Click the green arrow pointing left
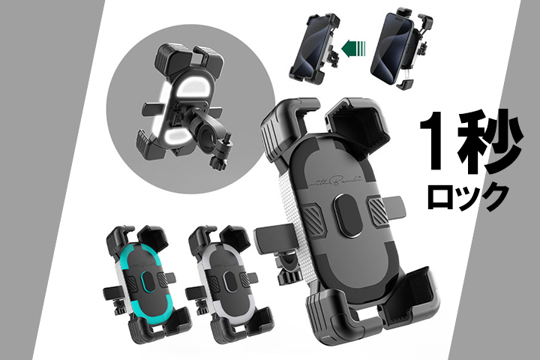pyautogui.click(x=353, y=46)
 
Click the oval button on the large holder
pyautogui.click(x=348, y=215)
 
